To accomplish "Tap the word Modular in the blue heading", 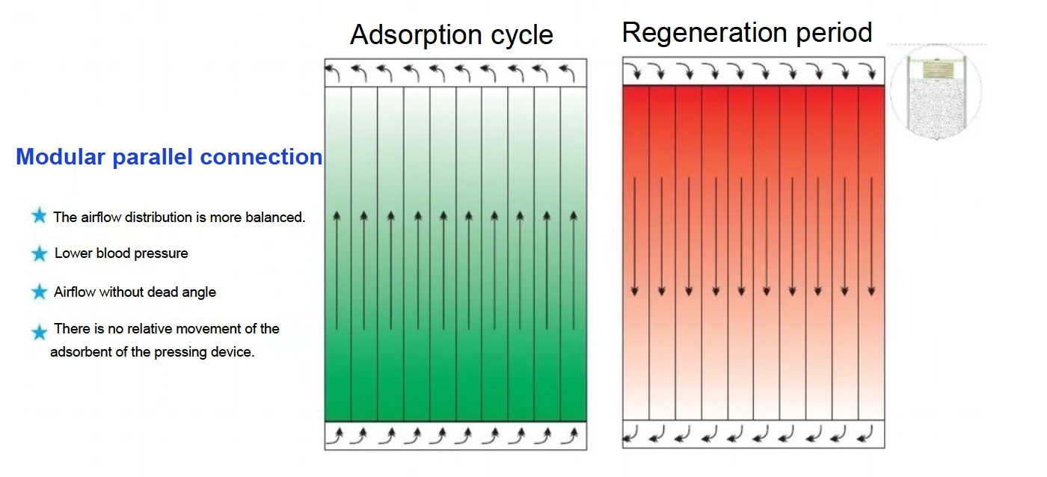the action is [61, 156].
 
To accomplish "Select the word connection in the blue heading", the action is [261, 156].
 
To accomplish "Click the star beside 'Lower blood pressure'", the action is [39, 253].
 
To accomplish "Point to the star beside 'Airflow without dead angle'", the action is [39, 292].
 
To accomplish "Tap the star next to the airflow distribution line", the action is [39, 216].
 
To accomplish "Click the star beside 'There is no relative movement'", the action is [39, 332].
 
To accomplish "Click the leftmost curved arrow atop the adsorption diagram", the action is [333, 73].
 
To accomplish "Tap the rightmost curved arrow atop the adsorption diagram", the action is [568, 73].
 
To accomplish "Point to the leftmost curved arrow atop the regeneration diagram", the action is [633, 71].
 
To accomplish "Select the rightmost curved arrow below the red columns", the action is [865, 434].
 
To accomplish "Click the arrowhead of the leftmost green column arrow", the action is [337, 215].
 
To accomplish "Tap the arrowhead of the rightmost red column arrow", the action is [871, 291].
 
